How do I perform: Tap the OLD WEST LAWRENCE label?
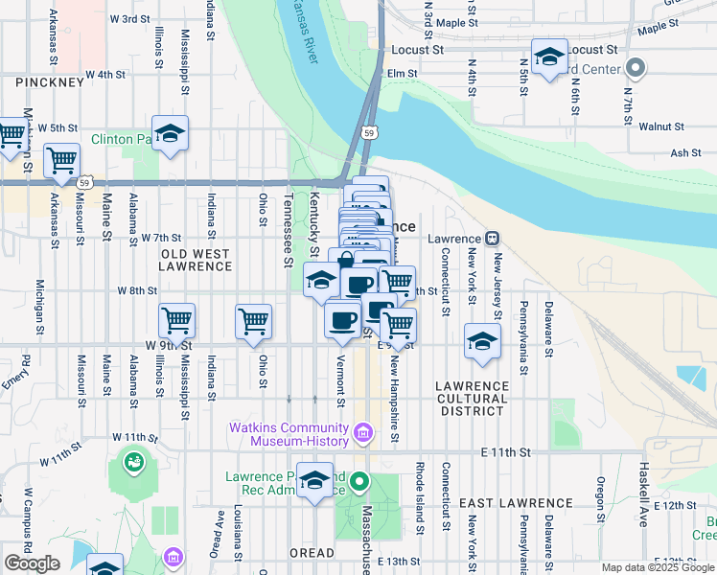[x=195, y=259]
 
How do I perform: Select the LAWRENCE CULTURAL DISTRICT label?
[x=471, y=398]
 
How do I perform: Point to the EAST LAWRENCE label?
[x=515, y=503]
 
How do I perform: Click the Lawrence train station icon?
[x=491, y=239]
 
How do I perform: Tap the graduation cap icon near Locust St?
[x=550, y=57]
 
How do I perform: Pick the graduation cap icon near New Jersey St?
[x=482, y=341]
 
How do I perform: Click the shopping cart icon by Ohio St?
[x=253, y=321]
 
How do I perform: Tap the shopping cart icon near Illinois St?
[x=176, y=321]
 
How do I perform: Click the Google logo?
[x=32, y=563]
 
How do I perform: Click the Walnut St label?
[x=661, y=126]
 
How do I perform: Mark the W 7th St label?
[x=161, y=237]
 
